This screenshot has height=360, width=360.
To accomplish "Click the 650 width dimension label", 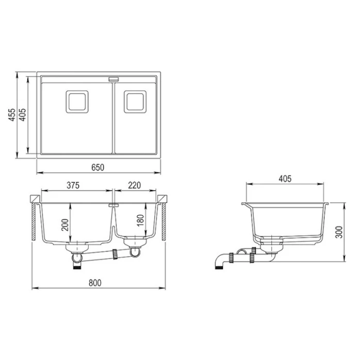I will tap(99, 167).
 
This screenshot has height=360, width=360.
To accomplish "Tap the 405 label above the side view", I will tap(285, 179).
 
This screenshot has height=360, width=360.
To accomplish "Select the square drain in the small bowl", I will tap(135, 101).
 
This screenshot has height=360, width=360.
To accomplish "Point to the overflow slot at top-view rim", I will tap(113, 79).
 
